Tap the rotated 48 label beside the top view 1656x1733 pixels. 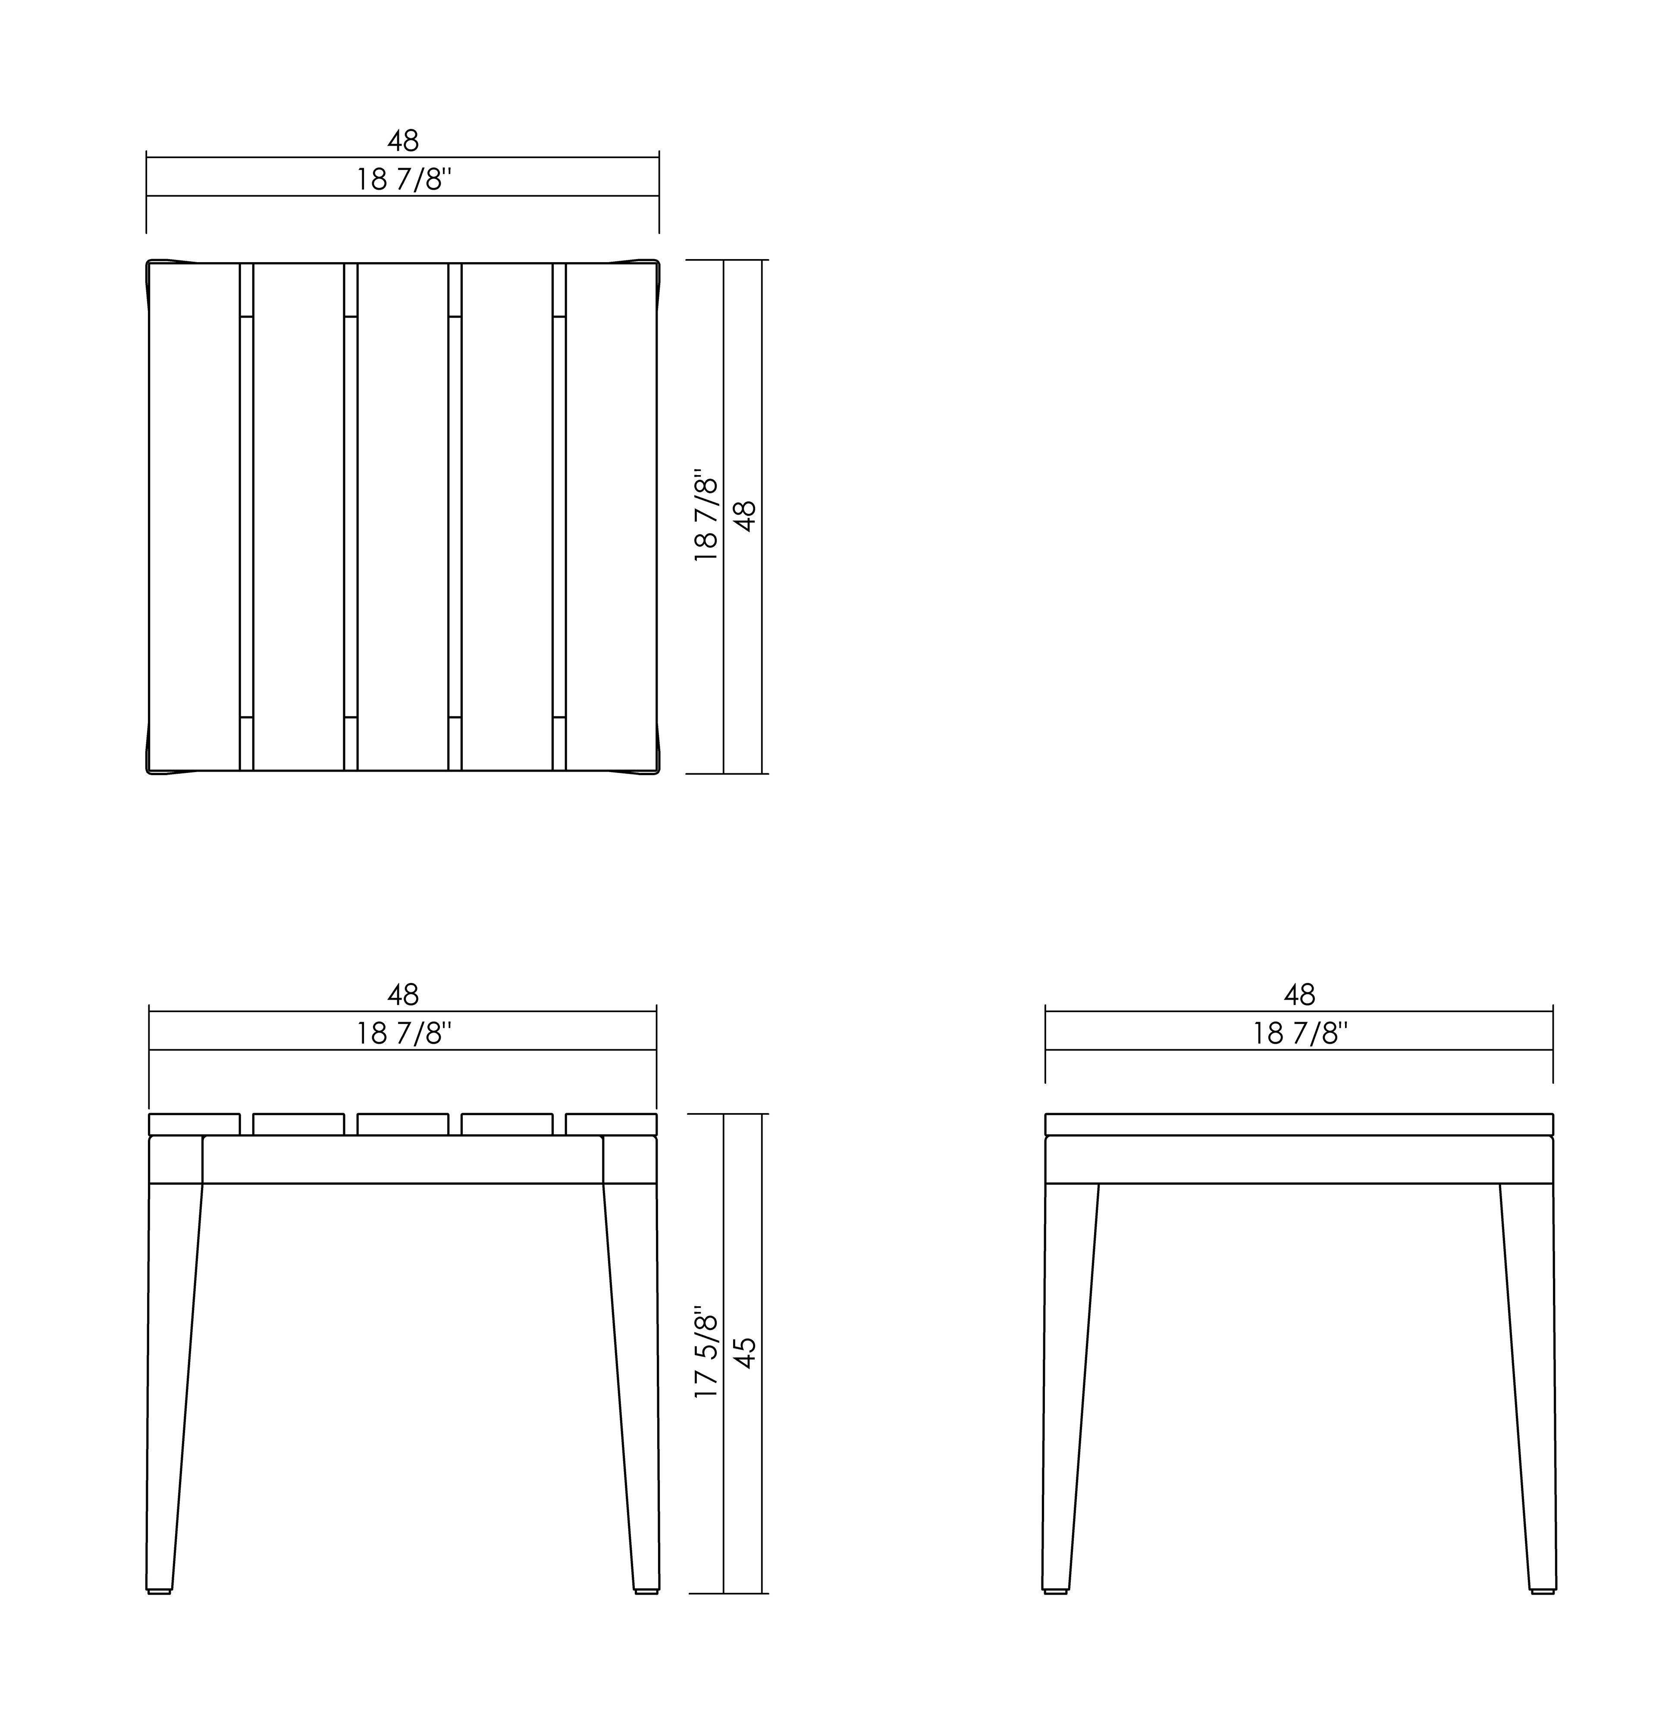click(x=746, y=516)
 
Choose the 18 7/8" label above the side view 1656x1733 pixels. click(x=1300, y=1034)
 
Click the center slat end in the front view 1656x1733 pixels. click(x=402, y=1124)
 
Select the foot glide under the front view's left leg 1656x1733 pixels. click(x=159, y=1592)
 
